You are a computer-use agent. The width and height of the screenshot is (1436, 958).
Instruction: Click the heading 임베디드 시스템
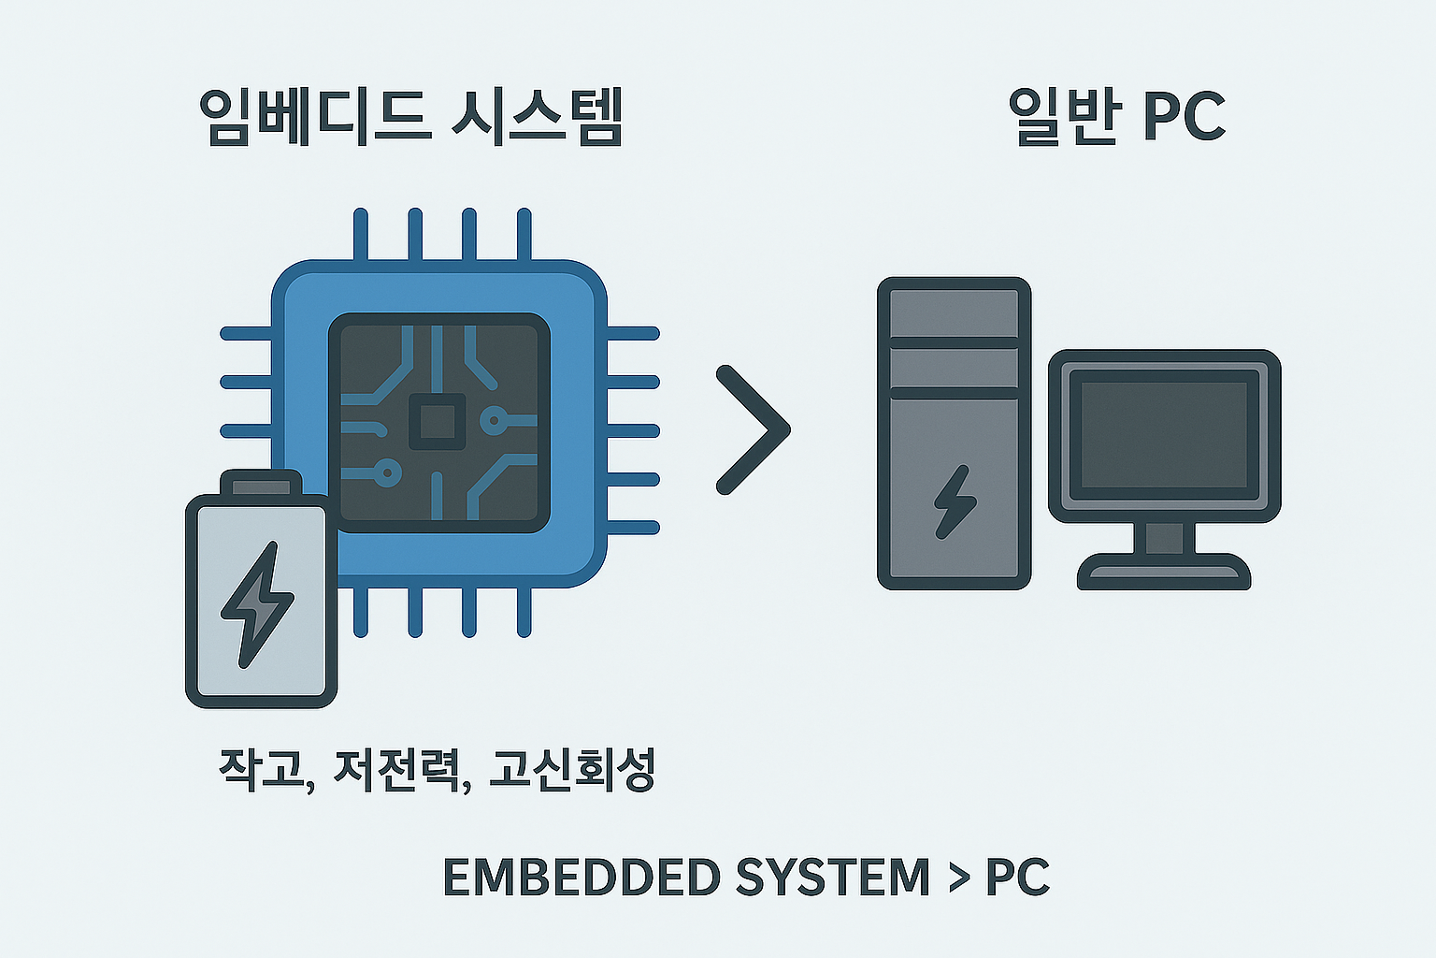411,118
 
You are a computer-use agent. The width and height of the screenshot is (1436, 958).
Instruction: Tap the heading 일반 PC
1116,118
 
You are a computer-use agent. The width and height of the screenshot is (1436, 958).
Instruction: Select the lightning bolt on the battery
256,604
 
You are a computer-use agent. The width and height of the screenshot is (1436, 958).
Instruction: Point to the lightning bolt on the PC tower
955,501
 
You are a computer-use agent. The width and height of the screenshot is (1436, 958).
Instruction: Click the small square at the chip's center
438,422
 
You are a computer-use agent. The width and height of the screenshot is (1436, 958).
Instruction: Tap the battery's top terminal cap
261,483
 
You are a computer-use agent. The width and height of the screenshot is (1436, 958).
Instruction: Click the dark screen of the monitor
1164,435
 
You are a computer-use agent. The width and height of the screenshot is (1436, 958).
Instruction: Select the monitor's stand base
1164,572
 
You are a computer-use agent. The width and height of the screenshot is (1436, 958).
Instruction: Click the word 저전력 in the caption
397,769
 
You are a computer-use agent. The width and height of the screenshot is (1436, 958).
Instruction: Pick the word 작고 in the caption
261,769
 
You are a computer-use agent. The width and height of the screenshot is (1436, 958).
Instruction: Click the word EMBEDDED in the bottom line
582,877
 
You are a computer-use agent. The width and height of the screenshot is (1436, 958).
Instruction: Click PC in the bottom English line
1017,877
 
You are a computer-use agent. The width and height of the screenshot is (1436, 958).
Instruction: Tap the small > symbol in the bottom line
959,878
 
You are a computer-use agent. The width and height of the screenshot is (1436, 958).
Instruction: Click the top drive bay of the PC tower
954,313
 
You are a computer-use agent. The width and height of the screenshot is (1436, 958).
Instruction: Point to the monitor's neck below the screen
1164,538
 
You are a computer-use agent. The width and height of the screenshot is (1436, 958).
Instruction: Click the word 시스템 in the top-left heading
538,118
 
